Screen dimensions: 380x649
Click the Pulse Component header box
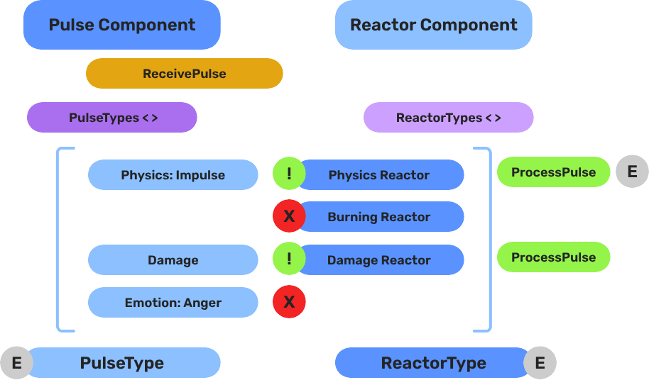[121, 25]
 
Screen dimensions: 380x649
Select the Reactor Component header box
[433, 25]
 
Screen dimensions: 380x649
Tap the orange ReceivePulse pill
[184, 74]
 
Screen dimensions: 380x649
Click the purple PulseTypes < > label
[112, 118]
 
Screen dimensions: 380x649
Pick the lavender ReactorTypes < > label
[448, 118]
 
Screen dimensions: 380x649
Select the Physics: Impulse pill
[173, 175]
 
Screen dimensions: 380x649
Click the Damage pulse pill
[173, 260]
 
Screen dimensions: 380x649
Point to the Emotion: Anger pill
[173, 303]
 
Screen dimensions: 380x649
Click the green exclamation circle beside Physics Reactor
[289, 174]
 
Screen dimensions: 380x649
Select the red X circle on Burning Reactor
[289, 217]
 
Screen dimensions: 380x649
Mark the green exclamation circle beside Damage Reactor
[289, 259]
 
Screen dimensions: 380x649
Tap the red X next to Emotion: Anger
[289, 303]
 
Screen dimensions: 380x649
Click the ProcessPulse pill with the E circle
[553, 172]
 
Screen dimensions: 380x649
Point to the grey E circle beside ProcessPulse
[632, 172]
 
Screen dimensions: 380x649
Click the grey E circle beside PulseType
[17, 364]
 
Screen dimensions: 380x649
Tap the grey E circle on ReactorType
[540, 364]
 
